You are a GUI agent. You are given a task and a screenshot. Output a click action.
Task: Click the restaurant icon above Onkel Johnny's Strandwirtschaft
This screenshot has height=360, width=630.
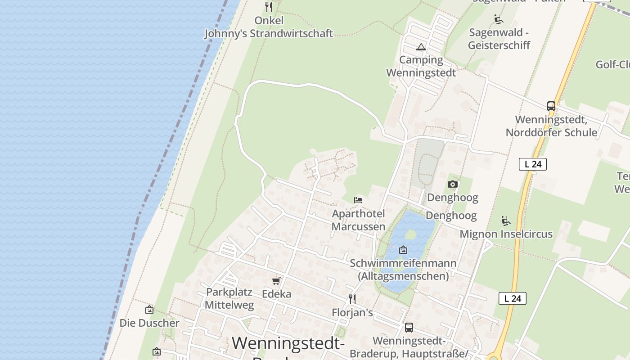[269, 7]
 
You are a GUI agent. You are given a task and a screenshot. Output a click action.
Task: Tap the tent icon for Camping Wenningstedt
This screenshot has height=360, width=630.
[421, 47]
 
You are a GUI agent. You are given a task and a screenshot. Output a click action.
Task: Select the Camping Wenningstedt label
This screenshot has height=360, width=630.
[421, 66]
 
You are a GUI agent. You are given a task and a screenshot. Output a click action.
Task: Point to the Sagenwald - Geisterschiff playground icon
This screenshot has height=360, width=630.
[499, 19]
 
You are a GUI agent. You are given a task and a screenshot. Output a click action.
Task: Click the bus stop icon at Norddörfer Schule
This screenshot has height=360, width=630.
[551, 106]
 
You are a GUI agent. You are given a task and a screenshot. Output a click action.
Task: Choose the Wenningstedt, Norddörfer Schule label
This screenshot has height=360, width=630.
[551, 126]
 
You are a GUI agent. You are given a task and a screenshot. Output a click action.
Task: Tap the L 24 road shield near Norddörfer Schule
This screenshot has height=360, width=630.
[533, 164]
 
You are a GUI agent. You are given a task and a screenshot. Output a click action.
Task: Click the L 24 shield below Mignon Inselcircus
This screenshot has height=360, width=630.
[513, 298]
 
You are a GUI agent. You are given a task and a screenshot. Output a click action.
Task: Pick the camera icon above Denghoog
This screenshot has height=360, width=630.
[453, 184]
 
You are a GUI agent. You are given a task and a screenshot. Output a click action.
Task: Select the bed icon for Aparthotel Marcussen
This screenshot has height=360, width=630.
[358, 200]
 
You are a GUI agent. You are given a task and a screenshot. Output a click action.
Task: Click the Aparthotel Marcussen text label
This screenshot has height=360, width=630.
[358, 220]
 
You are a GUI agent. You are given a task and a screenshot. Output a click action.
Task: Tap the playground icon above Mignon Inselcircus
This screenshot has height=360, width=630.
[506, 221]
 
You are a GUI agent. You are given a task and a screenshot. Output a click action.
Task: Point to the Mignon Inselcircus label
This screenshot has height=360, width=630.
[506, 234]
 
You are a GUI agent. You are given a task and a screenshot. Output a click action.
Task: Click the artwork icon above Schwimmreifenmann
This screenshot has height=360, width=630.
[403, 250]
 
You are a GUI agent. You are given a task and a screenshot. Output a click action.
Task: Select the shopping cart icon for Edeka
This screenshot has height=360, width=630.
[276, 281]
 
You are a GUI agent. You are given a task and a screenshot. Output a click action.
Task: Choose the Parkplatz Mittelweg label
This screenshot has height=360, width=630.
[229, 298]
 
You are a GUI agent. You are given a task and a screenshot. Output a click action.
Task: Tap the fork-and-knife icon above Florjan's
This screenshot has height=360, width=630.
[352, 299]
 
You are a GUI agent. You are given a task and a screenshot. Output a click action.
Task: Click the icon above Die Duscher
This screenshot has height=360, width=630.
[149, 310]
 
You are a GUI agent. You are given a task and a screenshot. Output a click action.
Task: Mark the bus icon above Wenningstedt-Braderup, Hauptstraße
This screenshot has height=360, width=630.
[409, 328]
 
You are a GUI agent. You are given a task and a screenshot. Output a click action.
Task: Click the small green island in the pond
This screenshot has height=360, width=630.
[410, 234]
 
